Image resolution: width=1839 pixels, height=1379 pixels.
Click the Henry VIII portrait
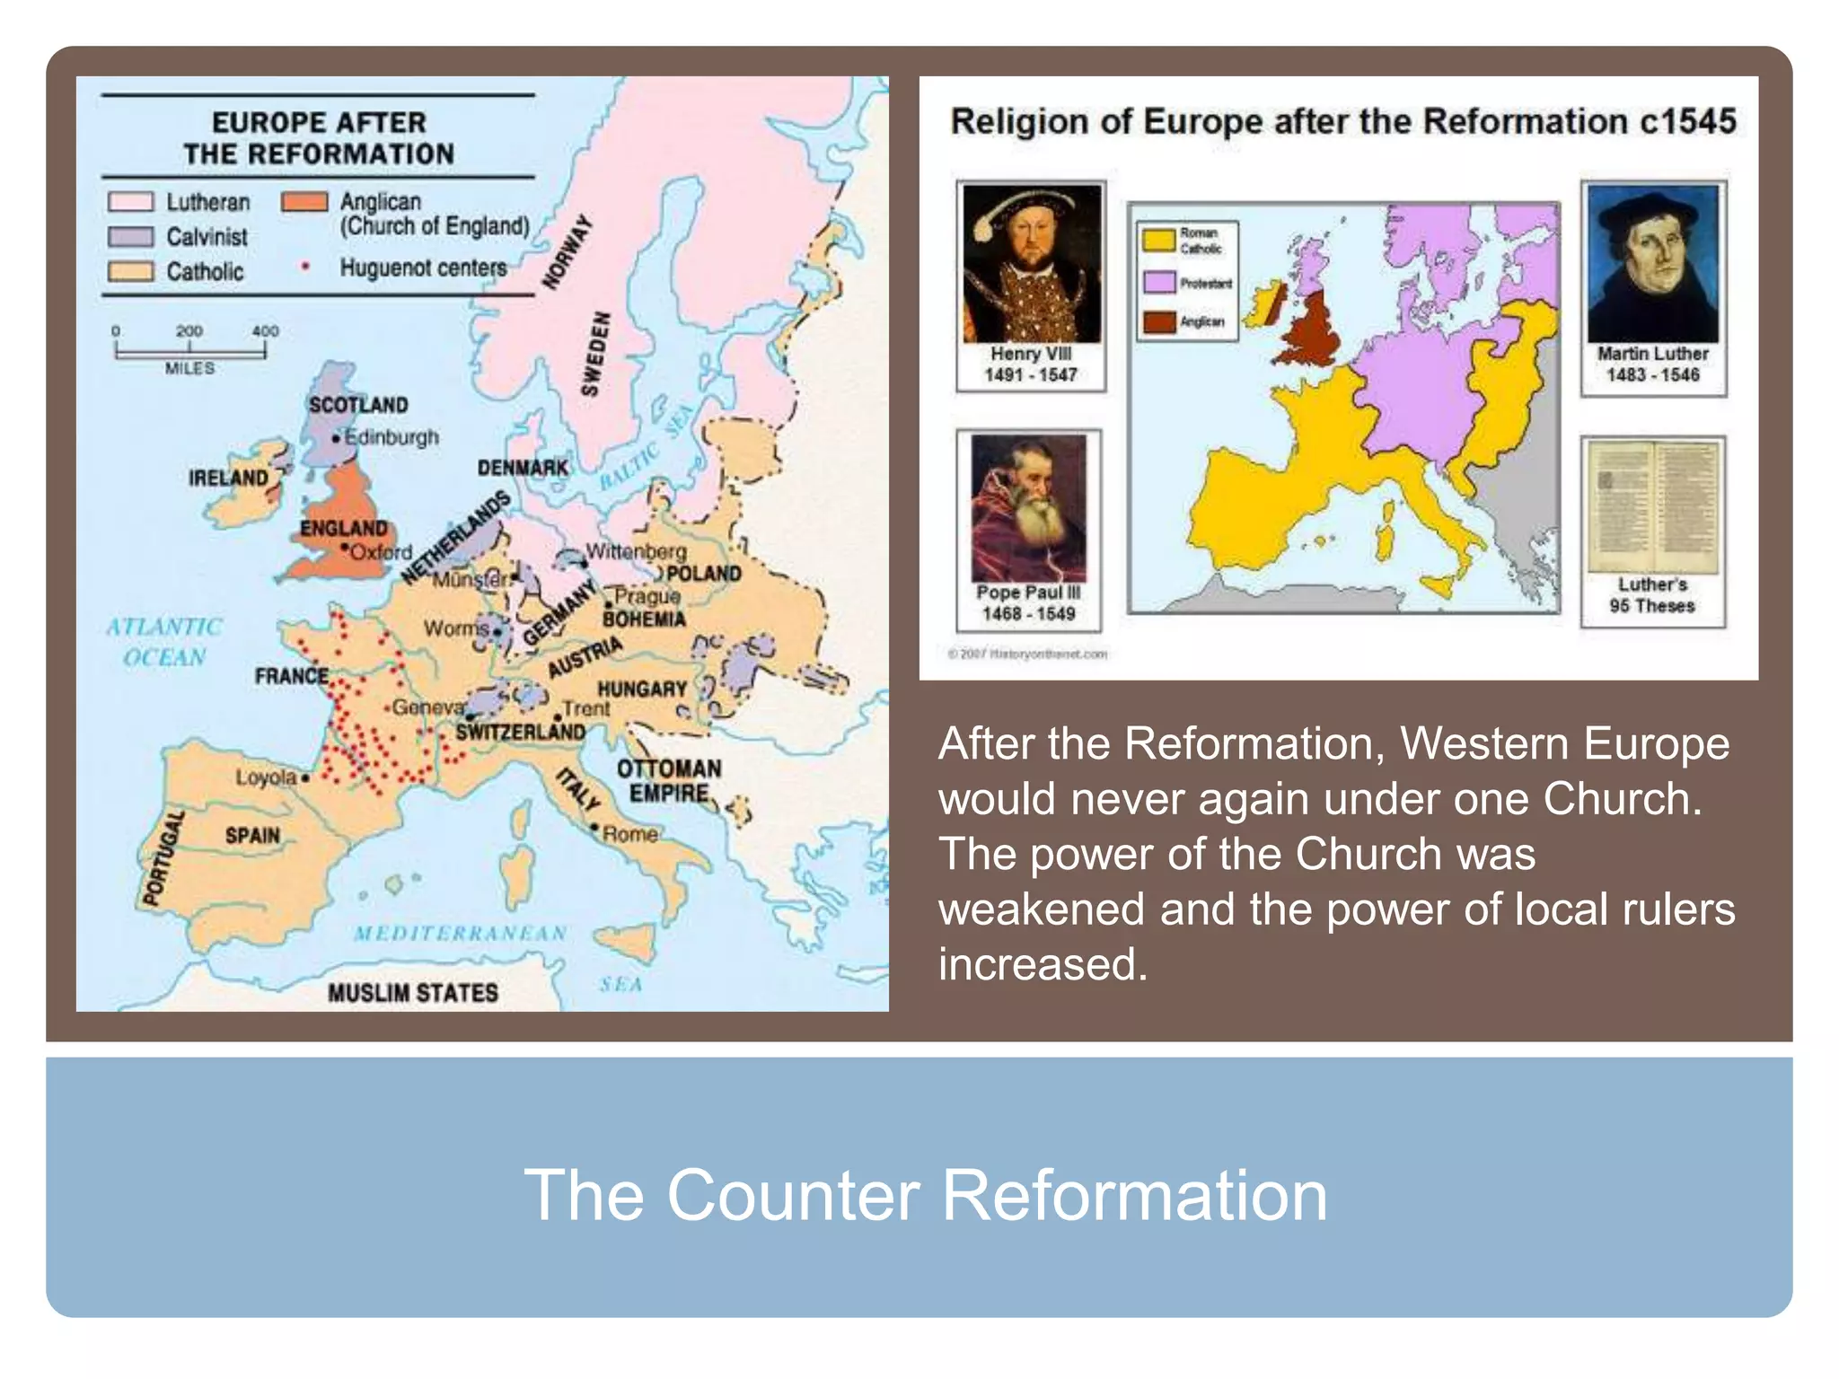coord(1032,264)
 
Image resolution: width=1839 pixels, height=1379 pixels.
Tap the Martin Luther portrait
coord(1652,264)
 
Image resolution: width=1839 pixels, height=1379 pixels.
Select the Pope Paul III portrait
coord(1029,508)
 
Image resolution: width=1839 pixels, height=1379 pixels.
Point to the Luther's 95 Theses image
coord(1652,507)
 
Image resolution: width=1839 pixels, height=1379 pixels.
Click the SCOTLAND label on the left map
coord(358,405)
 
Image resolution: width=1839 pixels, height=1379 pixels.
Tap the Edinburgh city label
coord(392,437)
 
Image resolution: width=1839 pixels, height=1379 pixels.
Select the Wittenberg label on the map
coord(637,550)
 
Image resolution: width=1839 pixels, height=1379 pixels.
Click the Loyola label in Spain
coord(266,777)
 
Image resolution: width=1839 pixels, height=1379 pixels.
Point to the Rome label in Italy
coord(630,834)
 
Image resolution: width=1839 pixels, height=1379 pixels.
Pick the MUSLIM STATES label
coord(413,992)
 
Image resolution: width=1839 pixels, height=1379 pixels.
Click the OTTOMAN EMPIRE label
coord(669,781)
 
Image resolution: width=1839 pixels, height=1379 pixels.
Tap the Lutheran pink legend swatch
coord(130,202)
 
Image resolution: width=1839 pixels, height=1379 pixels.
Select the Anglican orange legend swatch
coord(304,202)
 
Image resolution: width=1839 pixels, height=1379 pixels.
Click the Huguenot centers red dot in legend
coord(305,267)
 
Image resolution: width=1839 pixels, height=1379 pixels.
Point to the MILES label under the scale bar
coord(189,368)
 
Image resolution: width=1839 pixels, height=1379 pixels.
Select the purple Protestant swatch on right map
coord(1159,283)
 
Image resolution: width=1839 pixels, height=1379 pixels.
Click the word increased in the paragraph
coord(1043,964)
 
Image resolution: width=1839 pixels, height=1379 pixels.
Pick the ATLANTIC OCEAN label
coord(164,642)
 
